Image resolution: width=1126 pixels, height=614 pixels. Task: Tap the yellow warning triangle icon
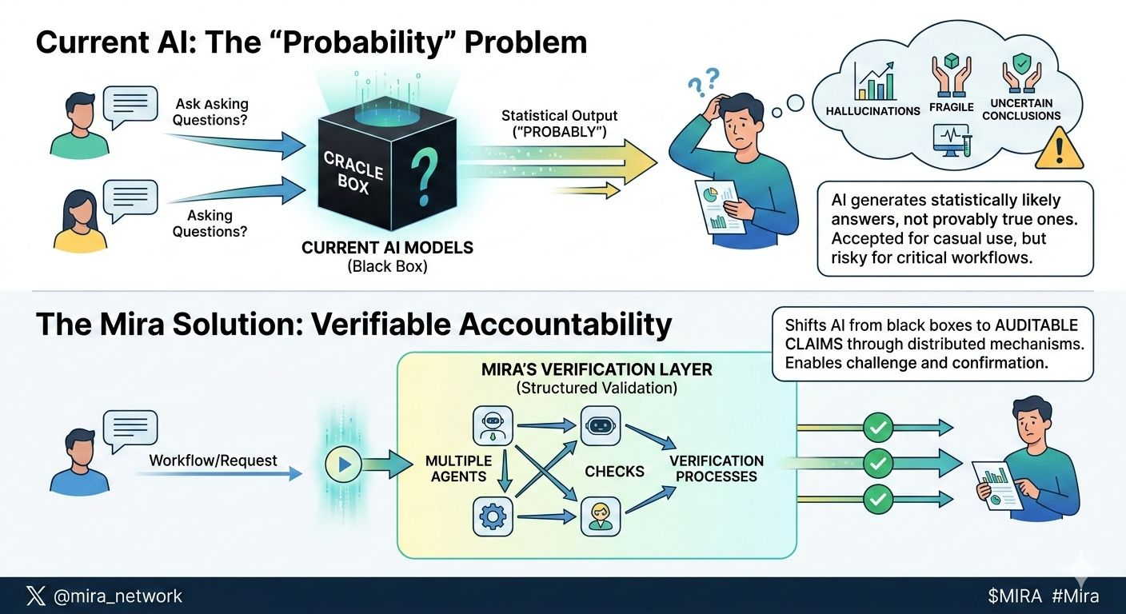(x=1059, y=149)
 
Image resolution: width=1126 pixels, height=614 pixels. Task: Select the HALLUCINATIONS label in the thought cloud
(x=873, y=110)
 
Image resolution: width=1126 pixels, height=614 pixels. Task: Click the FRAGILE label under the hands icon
(x=952, y=107)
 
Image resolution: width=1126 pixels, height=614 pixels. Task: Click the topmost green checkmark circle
(x=878, y=429)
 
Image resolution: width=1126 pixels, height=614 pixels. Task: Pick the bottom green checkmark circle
(x=878, y=500)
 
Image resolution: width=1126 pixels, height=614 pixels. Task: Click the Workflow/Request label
(x=213, y=460)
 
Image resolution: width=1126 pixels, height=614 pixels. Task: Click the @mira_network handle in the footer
(x=118, y=596)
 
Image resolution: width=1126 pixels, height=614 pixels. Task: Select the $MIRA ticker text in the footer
(x=1014, y=596)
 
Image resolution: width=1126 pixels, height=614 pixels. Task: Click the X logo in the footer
(x=36, y=596)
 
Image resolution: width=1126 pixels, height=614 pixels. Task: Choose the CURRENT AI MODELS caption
(x=387, y=248)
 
